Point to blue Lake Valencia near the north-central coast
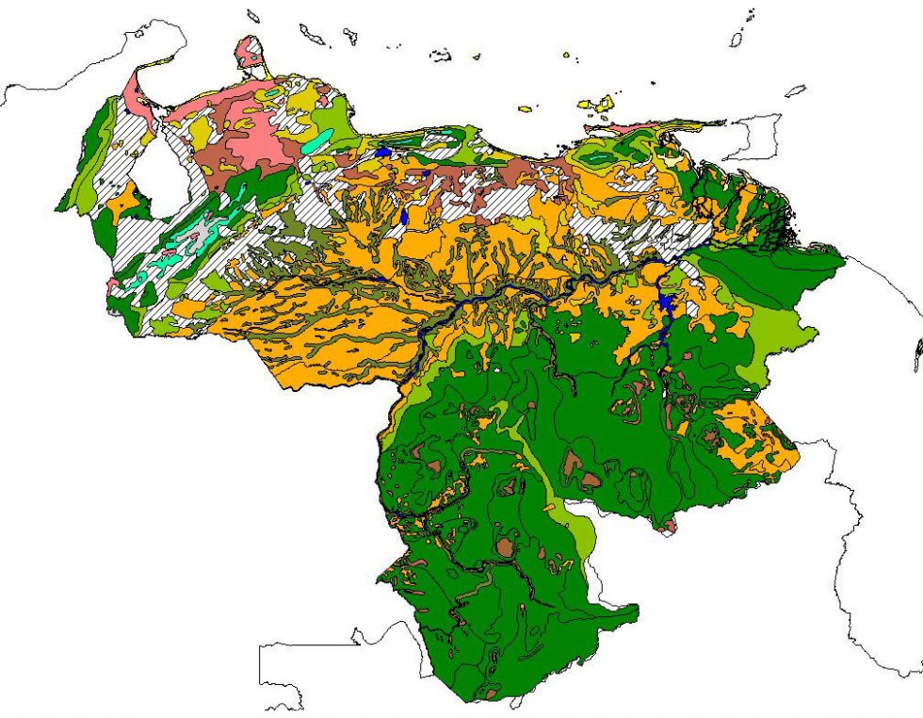(383, 152)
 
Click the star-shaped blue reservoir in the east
(667, 302)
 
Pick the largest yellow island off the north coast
(597, 103)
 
